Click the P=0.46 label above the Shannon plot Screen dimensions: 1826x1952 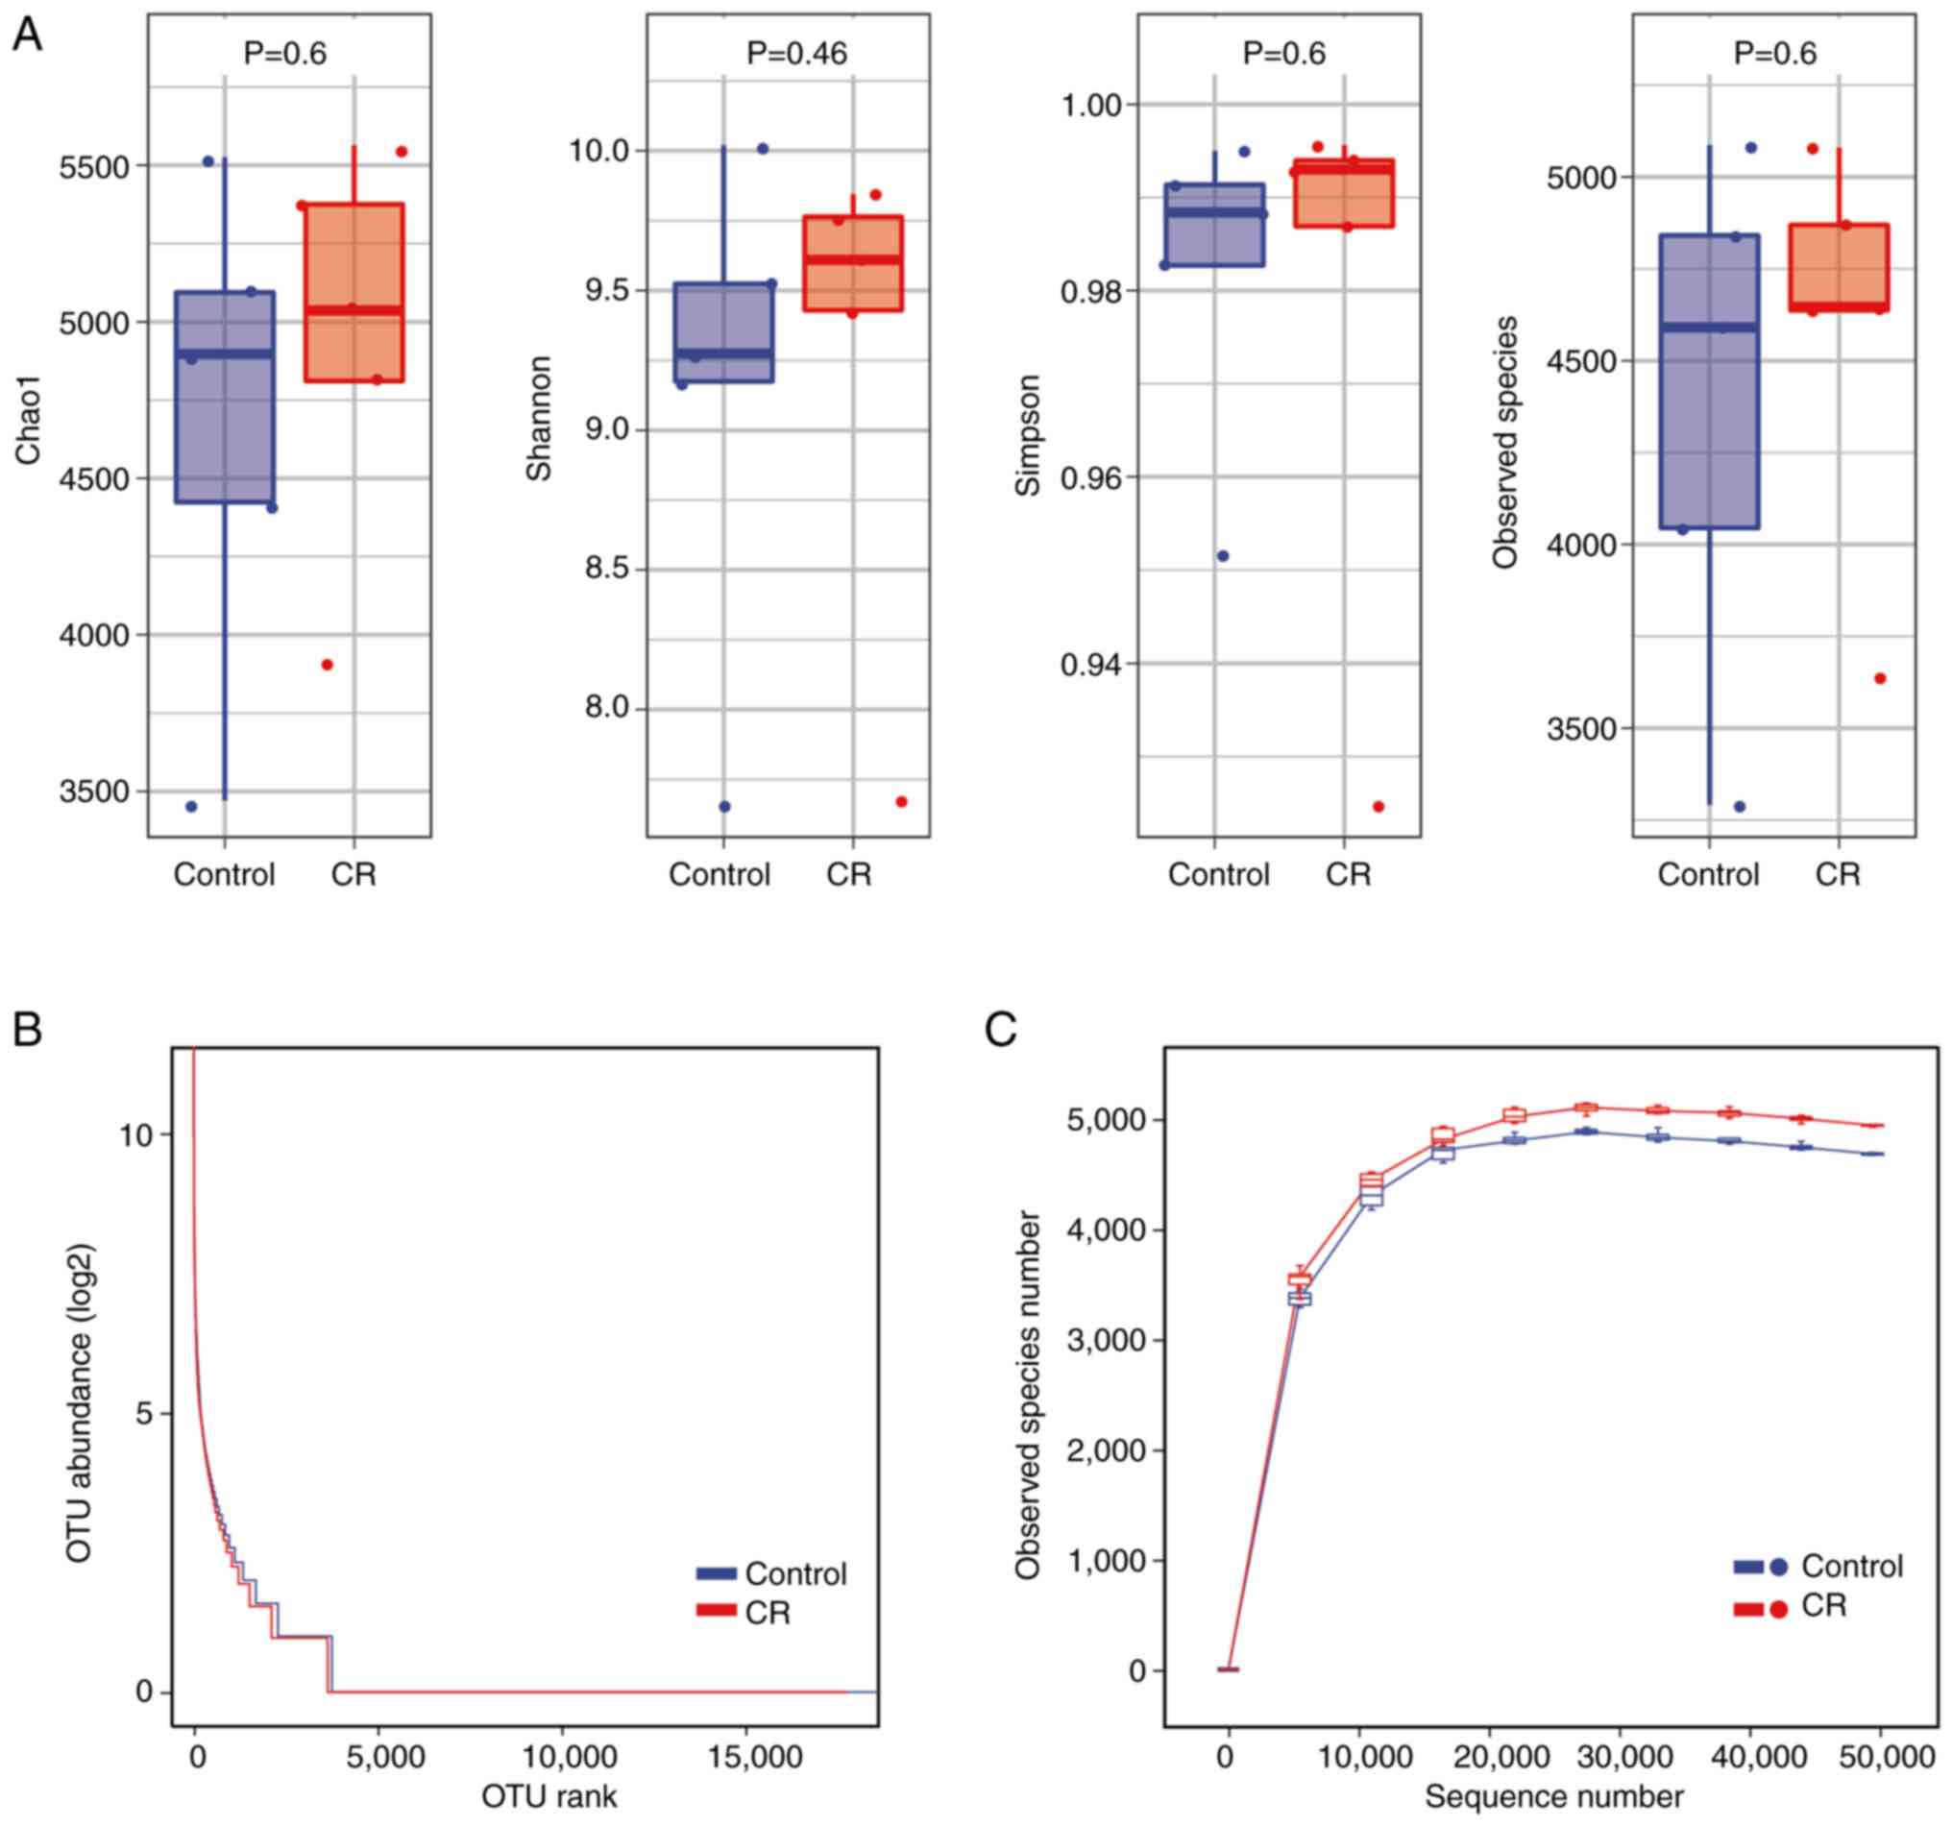[x=795, y=53]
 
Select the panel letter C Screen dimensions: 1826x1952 [x=1001, y=1030]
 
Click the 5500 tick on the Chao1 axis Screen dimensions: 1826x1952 [x=94, y=167]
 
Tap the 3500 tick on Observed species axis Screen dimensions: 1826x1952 [x=1580, y=729]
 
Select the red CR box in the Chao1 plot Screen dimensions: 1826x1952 [x=354, y=293]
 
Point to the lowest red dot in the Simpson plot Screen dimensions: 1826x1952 [x=1378, y=806]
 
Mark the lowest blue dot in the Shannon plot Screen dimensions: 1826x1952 [x=724, y=806]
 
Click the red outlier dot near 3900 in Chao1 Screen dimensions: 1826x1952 [x=327, y=665]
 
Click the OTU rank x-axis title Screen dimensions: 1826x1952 [x=548, y=1795]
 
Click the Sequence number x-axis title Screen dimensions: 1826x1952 [x=1553, y=1795]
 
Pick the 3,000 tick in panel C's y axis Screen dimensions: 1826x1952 [x=1104, y=1340]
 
